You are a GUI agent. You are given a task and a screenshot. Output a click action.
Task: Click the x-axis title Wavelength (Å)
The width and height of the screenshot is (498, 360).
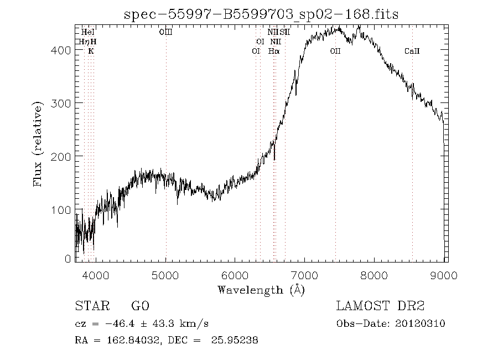pyautogui.click(x=261, y=290)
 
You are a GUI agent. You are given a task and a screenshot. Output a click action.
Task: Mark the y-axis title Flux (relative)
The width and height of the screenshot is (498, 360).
pyautogui.click(x=38, y=143)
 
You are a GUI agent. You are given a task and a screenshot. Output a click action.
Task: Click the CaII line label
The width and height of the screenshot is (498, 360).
pyautogui.click(x=412, y=51)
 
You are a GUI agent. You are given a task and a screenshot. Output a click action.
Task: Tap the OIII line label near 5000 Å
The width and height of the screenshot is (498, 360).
pyautogui.click(x=165, y=33)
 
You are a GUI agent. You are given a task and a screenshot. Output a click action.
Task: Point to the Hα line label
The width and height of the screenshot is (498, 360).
pyautogui.click(x=274, y=51)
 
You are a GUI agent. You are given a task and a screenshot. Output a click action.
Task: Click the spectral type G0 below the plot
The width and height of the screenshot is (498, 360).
pyautogui.click(x=139, y=306)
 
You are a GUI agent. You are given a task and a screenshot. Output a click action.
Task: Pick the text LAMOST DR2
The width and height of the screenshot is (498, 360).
pyautogui.click(x=380, y=306)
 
